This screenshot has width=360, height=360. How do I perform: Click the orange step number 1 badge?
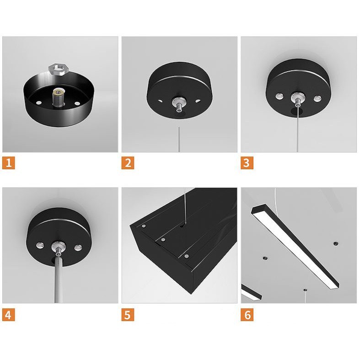9,162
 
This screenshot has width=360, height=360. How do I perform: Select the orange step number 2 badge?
128,162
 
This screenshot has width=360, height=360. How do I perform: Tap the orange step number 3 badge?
247,162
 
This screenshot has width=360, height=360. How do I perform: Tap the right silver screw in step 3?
317,97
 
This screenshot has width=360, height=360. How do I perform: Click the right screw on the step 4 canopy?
78,247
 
